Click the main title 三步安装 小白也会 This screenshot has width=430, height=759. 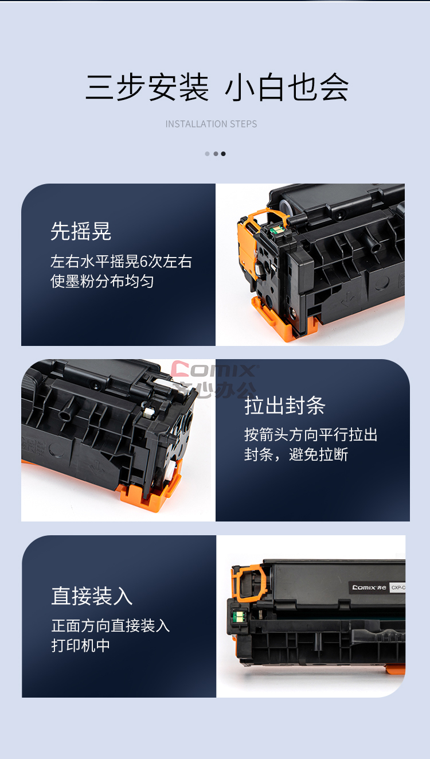217,87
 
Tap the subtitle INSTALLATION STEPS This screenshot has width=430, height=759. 212,124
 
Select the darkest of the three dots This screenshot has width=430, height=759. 223,154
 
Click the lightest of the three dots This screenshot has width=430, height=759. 207,154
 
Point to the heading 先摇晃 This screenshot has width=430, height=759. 81,231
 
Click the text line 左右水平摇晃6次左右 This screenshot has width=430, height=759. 121,262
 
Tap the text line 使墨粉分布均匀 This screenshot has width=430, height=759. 102,281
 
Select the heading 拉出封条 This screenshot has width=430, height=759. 285,405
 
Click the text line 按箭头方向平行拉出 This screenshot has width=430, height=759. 311,435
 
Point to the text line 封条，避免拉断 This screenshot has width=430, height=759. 296,454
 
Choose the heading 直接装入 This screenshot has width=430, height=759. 92,596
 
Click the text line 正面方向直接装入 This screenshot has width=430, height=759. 111,625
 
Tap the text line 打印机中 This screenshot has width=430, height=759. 81,645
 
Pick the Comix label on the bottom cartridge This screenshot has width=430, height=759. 369,587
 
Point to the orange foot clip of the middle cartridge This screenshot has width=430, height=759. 149,489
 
